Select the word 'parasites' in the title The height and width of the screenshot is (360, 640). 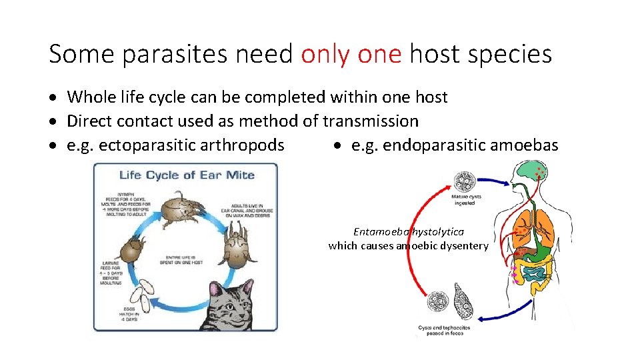pyautogui.click(x=159, y=54)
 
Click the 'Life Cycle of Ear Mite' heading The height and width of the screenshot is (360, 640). pyautogui.click(x=187, y=175)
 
